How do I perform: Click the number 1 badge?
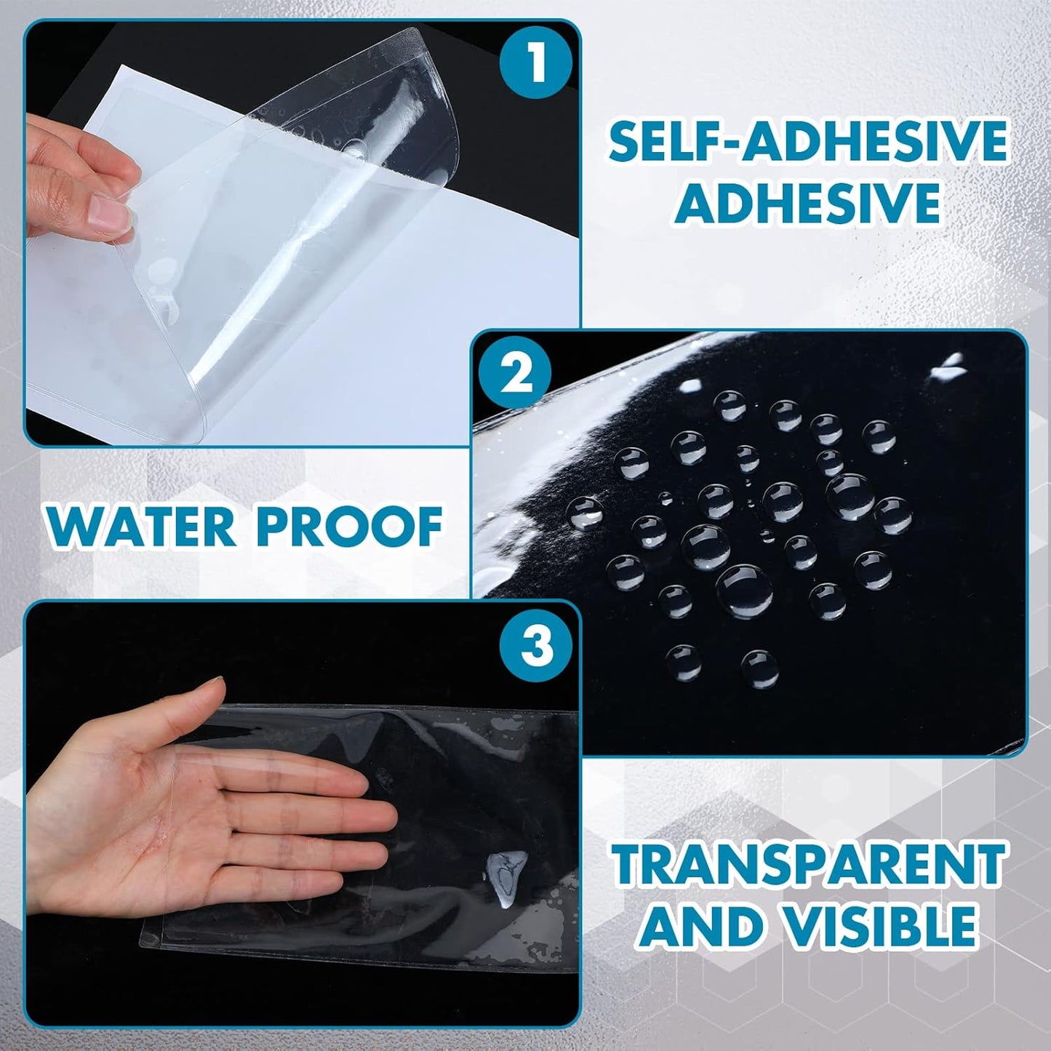[536, 63]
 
